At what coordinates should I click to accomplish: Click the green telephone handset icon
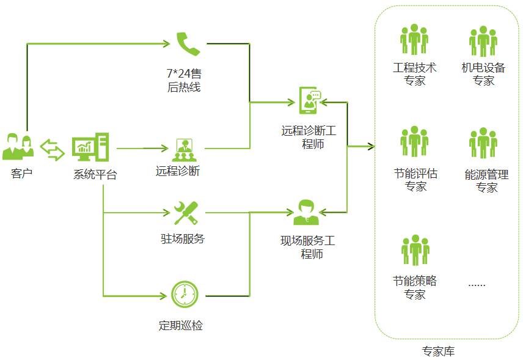[188, 43]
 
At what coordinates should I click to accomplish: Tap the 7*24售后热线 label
[184, 80]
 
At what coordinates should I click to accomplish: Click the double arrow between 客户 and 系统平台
[52, 149]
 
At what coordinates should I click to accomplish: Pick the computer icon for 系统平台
[89, 147]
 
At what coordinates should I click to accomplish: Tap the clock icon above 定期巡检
[185, 294]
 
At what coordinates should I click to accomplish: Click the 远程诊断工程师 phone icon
[310, 100]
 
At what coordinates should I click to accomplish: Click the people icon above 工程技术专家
[414, 40]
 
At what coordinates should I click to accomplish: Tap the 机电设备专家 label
[483, 74]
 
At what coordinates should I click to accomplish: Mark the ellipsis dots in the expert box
[477, 284]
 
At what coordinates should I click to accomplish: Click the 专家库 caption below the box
[438, 351]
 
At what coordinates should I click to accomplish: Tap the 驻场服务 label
[183, 238]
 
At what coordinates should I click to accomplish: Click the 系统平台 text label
[95, 175]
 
